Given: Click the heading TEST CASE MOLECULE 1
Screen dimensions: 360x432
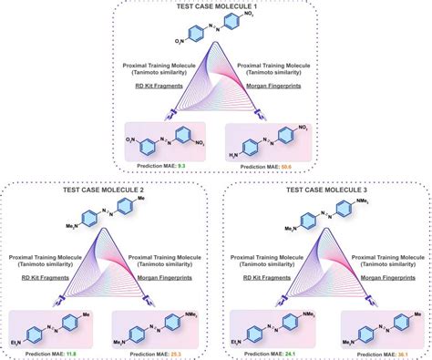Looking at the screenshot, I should [x=215, y=7].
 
